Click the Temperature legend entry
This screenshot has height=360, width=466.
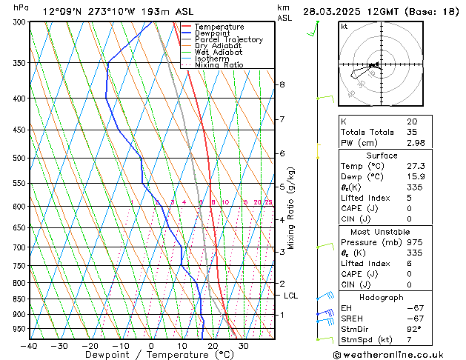219,27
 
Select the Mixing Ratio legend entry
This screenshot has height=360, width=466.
219,65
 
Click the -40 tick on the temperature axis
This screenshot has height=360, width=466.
30,346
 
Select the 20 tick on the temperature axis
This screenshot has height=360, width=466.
212,346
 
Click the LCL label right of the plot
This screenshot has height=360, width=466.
292,296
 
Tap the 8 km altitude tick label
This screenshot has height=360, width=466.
282,84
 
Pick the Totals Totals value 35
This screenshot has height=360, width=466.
411,132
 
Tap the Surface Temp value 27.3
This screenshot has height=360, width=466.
415,167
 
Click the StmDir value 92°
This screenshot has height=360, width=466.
414,330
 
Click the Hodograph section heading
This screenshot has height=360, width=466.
382,297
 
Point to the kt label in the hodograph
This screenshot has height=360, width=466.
344,27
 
